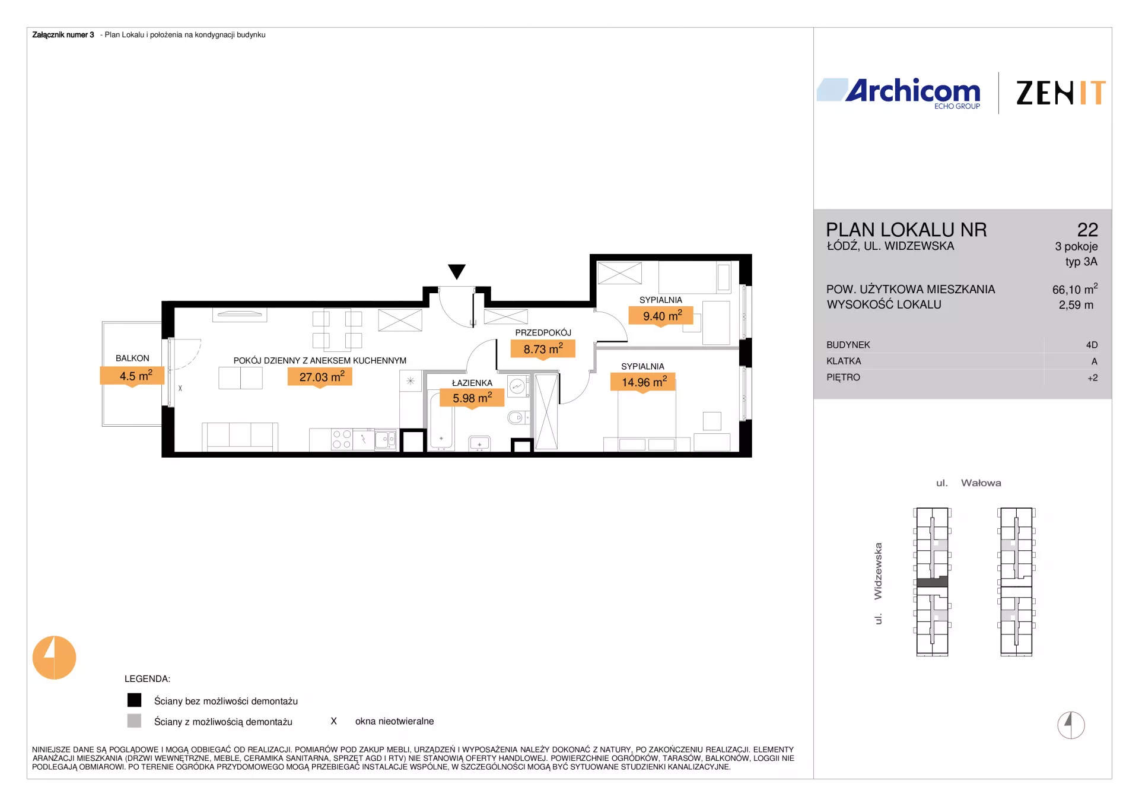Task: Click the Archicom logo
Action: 899,93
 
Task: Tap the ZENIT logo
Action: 1061,93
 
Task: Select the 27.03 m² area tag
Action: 320,377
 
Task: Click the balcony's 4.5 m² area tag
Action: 132,376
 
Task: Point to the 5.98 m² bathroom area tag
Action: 472,398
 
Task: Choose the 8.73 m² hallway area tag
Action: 543,349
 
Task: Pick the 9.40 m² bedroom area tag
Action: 661,316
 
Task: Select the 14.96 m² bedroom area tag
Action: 643,382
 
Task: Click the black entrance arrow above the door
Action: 457,271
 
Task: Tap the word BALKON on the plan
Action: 132,358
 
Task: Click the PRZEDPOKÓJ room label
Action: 543,333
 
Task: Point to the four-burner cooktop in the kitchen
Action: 342,439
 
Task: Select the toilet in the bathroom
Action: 518,418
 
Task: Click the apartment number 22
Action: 1087,230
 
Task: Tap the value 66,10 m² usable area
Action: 1075,289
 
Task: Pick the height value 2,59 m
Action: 1076,305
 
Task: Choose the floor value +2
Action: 1093,378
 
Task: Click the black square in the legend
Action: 135,700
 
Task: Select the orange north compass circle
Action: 54,658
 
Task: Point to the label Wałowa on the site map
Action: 981,483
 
